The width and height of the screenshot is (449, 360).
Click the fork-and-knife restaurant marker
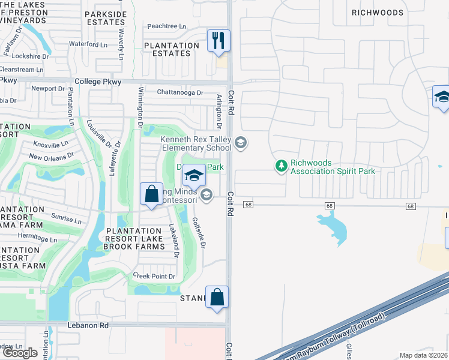(218, 41)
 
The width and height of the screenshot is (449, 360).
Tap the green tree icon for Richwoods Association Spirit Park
(281, 165)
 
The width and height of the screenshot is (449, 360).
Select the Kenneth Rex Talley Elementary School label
(196, 143)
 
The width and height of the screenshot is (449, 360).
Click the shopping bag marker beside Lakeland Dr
(152, 194)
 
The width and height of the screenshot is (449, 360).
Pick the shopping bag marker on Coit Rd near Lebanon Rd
(217, 296)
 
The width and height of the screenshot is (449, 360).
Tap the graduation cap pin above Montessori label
(193, 175)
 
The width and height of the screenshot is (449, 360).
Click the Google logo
(20, 353)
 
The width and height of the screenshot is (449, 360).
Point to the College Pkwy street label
(98, 82)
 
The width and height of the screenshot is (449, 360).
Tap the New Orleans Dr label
(51, 156)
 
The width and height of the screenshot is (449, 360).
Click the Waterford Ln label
(88, 44)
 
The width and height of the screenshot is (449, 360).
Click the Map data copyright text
(424, 355)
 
